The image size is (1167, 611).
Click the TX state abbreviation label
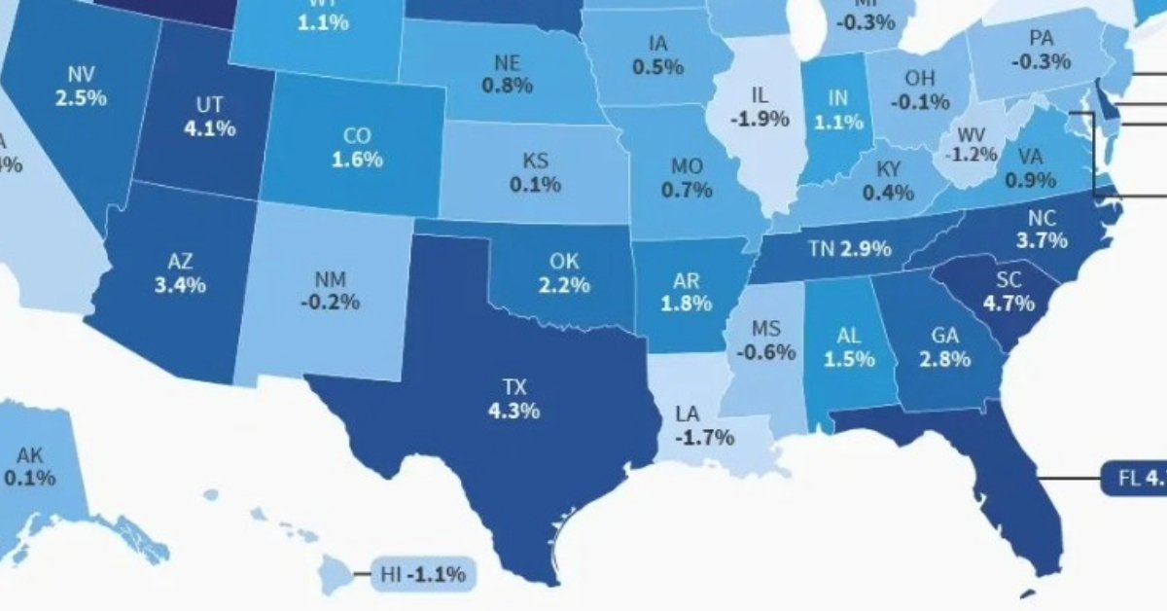tap(514, 387)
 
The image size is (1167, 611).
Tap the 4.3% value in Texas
tap(514, 411)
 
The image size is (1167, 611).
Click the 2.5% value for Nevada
tap(82, 98)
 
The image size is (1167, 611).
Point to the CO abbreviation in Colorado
tap(358, 136)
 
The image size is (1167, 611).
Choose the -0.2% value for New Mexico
tap(331, 302)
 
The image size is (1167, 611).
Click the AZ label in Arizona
tap(180, 261)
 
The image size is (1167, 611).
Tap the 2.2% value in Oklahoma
tap(564, 285)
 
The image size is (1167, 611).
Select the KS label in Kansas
tap(535, 160)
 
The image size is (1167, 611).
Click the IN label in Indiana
tap(837, 98)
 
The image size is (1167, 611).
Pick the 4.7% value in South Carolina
tap(1008, 303)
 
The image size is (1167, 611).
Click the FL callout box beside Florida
tap(1135, 479)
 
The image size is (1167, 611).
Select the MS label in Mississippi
tap(765, 328)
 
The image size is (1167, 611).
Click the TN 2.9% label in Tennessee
tap(850, 249)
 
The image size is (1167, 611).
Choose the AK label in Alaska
tap(29, 454)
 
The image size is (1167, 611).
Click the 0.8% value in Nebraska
tap(507, 85)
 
